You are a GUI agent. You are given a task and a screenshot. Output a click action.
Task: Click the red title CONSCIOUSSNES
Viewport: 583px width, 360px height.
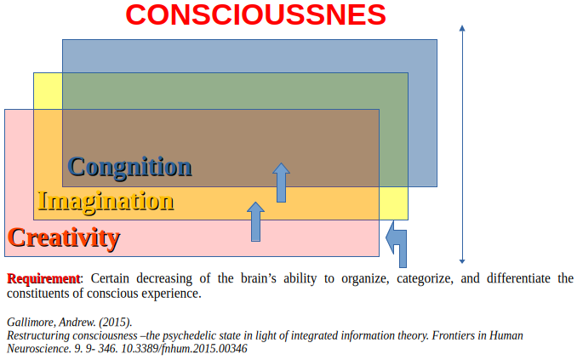255,14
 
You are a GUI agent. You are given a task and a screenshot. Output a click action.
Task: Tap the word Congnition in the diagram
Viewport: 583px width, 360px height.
129,166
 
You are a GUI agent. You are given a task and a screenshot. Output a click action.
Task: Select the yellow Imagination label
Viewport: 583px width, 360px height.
106,202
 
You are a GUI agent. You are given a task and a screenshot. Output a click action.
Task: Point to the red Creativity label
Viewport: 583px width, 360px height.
63,237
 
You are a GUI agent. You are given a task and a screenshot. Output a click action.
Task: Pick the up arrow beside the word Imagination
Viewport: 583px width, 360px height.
255,221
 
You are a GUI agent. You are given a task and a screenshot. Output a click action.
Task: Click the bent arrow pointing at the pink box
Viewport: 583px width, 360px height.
397,243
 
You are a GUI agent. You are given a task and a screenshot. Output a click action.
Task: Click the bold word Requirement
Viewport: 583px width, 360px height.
43,278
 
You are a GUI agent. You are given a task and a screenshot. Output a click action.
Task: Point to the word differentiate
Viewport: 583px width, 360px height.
523,278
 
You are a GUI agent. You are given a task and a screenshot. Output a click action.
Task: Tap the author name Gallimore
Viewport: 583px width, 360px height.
31,322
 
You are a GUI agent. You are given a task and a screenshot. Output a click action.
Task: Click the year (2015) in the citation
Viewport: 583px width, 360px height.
114,322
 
